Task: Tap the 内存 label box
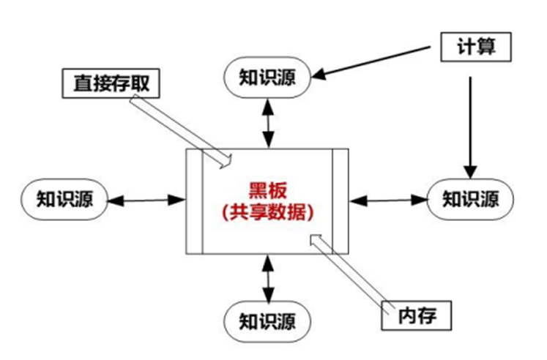tap(417, 316)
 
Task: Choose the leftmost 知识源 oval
tap(65, 199)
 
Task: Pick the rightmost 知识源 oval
tap(471, 199)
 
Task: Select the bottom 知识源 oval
tap(267, 321)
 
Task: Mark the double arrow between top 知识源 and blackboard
tap(269, 121)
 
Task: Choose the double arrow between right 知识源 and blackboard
tap(387, 199)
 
